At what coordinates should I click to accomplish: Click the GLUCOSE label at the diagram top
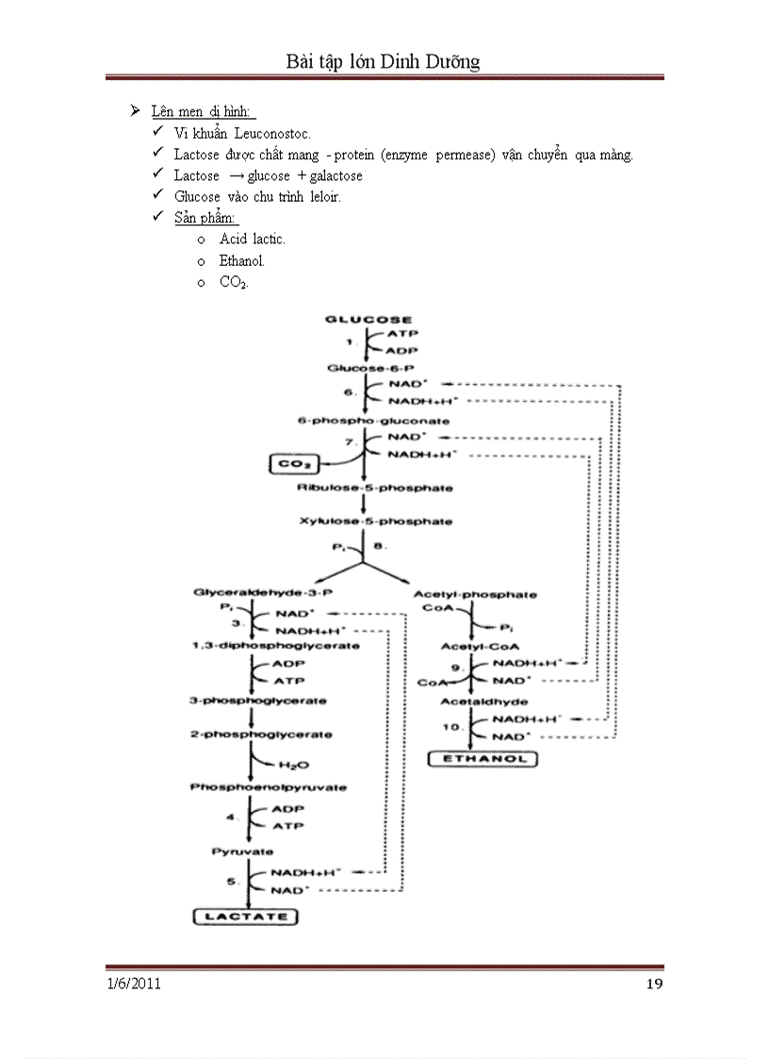[x=368, y=319]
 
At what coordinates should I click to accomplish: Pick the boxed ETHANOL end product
[x=482, y=758]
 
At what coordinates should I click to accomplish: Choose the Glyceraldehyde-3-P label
[x=252, y=592]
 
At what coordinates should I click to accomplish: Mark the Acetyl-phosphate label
[x=475, y=594]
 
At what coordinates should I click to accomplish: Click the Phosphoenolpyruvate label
[x=254, y=786]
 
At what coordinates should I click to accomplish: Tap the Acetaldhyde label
[x=483, y=702]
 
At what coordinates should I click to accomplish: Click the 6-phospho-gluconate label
[x=374, y=421]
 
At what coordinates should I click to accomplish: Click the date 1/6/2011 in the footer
[x=133, y=985]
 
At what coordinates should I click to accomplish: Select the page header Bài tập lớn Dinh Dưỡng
[x=384, y=62]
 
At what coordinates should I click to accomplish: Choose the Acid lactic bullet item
[x=252, y=240]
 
